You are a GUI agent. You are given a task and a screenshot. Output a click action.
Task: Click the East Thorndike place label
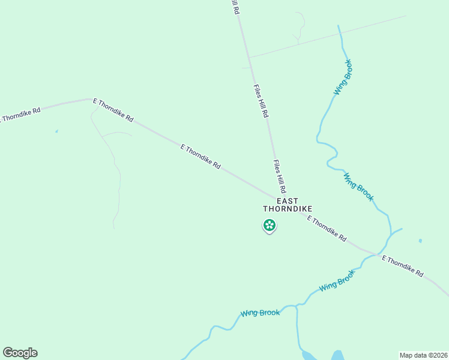(x=288, y=205)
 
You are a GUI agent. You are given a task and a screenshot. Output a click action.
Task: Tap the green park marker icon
(x=270, y=226)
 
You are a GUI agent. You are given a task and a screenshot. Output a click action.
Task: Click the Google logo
(x=20, y=353)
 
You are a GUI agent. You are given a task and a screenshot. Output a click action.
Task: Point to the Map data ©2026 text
(x=423, y=355)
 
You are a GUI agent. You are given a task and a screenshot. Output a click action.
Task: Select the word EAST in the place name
(x=288, y=200)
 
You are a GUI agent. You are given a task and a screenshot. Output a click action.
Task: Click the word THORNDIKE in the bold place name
(x=288, y=209)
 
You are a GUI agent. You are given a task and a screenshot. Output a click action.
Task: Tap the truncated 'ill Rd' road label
(x=235, y=7)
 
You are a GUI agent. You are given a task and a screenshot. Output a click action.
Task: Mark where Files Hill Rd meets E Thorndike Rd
(x=279, y=196)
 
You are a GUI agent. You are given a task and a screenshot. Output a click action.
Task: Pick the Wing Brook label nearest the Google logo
(x=260, y=313)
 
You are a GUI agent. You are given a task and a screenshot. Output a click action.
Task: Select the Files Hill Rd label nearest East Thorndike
(x=279, y=176)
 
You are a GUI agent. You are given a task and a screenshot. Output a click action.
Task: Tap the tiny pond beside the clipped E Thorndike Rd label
(x=56, y=131)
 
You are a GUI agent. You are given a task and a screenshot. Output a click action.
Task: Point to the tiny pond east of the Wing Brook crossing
(x=420, y=241)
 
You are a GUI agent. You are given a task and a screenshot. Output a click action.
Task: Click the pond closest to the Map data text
(x=337, y=355)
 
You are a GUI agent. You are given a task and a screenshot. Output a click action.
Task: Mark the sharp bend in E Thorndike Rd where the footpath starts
(x=91, y=99)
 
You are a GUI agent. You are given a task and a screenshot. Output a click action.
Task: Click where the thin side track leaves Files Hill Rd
(x=249, y=58)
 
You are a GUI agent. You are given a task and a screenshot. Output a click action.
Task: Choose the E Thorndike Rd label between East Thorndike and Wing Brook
(x=327, y=229)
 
